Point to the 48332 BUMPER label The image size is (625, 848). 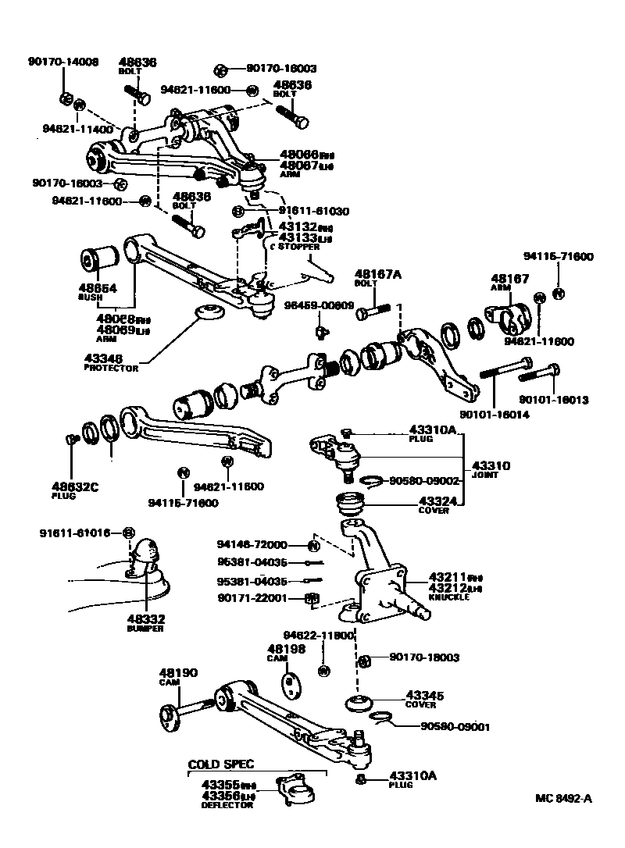[145, 622]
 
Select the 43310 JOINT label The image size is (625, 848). [491, 469]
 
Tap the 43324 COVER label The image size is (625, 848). [434, 505]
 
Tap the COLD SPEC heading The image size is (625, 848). [221, 764]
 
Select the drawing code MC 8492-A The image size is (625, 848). [564, 798]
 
